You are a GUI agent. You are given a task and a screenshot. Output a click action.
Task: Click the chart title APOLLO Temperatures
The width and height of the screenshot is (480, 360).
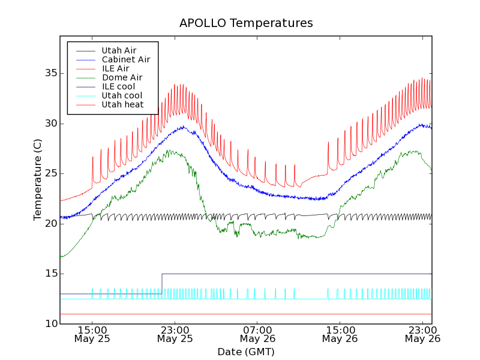pyautogui.click(x=246, y=23)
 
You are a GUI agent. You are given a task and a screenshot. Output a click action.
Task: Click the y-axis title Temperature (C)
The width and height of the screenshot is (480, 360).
pyautogui.click(x=38, y=179)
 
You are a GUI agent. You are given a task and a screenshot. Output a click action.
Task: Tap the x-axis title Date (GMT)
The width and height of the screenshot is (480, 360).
pyautogui.click(x=246, y=352)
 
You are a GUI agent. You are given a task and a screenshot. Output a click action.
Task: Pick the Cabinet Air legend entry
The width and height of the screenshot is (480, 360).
pyautogui.click(x=125, y=59)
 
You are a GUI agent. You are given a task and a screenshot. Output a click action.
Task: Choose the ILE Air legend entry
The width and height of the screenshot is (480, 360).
pyautogui.click(x=115, y=68)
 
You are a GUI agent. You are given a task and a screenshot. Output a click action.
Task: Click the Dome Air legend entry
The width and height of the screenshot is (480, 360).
pyautogui.click(x=122, y=77)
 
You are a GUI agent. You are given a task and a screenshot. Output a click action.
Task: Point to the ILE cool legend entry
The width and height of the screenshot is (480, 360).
pyautogui.click(x=118, y=86)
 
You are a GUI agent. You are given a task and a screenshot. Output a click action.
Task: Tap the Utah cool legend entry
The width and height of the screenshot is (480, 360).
pyautogui.click(x=122, y=95)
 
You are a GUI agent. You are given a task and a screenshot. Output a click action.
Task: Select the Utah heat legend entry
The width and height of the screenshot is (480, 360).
pyautogui.click(x=122, y=104)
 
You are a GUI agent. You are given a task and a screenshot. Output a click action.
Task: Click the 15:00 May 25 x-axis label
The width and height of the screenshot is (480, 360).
pyautogui.click(x=92, y=334)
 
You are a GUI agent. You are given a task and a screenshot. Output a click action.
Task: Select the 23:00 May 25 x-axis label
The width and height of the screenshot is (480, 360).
pyautogui.click(x=175, y=334)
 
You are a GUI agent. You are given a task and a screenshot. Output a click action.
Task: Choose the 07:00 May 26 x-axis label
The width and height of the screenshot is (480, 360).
pyautogui.click(x=257, y=334)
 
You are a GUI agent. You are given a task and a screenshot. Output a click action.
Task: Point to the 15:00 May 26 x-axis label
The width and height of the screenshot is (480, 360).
pyautogui.click(x=340, y=334)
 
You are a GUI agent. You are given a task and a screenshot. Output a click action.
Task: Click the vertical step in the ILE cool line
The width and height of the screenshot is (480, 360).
pyautogui.click(x=162, y=284)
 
